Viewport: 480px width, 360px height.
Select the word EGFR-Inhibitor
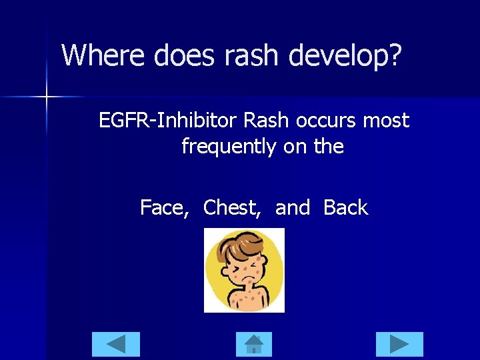(x=169, y=121)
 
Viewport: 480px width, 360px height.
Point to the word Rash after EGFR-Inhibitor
(x=267, y=121)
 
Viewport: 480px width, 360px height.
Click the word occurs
(x=329, y=121)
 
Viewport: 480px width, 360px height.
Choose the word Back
(x=345, y=208)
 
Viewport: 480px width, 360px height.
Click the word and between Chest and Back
(x=293, y=208)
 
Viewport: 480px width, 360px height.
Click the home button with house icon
(x=254, y=344)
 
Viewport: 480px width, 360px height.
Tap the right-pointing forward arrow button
(x=399, y=344)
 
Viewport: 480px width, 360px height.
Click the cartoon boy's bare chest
(x=246, y=298)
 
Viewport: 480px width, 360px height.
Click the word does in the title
(x=182, y=55)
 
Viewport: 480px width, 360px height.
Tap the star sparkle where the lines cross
(x=46, y=97)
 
